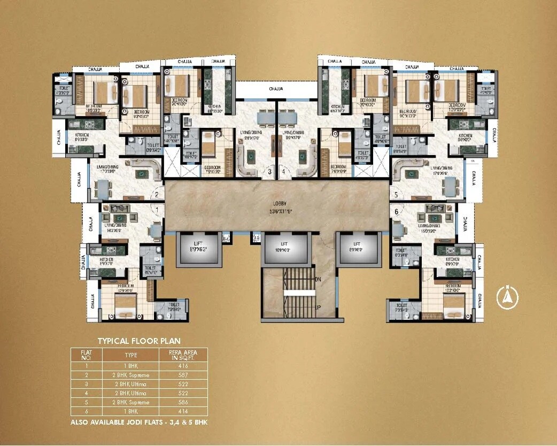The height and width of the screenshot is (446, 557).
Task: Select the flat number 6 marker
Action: click(x=396, y=211)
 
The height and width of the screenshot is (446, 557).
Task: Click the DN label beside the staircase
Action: click(x=317, y=280)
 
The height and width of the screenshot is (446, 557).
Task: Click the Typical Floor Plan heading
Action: click(x=138, y=341)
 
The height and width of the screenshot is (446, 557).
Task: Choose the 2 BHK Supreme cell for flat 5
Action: click(x=131, y=402)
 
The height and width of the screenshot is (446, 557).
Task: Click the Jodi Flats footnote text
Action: click(x=138, y=422)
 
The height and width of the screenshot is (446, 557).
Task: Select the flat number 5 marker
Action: click(x=396, y=195)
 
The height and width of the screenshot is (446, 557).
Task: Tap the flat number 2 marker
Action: click(x=157, y=195)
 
